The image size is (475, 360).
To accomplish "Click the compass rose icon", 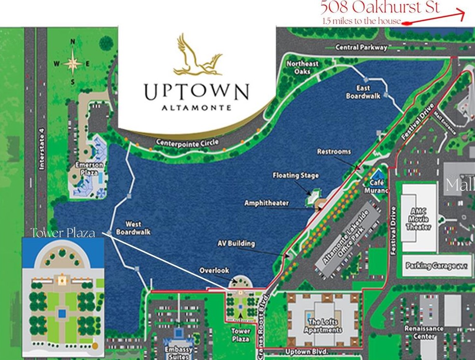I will [x=73, y=62].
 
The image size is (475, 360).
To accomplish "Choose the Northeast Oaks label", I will [x=303, y=68].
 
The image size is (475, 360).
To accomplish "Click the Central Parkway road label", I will [x=362, y=47].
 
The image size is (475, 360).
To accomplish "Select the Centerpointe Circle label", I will [x=187, y=143].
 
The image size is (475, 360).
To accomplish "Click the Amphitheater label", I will [x=266, y=203].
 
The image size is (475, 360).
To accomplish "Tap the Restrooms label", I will [x=334, y=152].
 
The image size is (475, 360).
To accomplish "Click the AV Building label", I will [x=236, y=244].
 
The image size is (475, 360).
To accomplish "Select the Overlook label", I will [x=214, y=271].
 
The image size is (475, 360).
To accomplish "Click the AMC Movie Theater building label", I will [x=418, y=219].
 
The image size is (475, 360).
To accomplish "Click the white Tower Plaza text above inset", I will [x=62, y=233].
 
